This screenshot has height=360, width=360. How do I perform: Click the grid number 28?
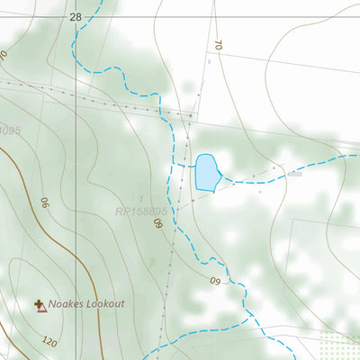tap(75, 17)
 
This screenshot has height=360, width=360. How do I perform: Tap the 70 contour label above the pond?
tap(218, 44)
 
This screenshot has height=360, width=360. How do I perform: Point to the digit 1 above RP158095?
tap(140, 198)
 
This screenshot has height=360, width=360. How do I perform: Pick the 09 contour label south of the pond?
tap(214, 282)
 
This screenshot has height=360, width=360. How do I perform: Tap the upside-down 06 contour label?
tap(41, 203)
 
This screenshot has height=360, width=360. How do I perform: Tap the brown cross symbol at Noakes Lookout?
tap(39, 304)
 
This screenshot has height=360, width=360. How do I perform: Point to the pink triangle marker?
tap(41, 309)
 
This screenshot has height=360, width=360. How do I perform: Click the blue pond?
tap(206, 172)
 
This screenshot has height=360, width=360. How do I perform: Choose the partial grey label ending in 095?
tap(9, 131)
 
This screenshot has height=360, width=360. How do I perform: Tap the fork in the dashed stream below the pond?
tap(211, 261)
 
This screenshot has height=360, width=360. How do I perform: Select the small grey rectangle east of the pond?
tap(292, 175)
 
